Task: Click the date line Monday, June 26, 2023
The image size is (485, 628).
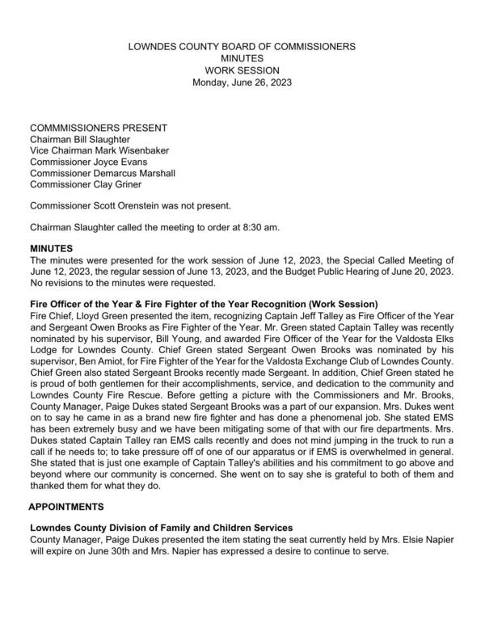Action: pyautogui.click(x=242, y=82)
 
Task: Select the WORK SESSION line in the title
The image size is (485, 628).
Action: pyautogui.click(x=242, y=70)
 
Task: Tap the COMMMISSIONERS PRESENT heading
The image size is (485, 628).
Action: pyautogui.click(x=99, y=129)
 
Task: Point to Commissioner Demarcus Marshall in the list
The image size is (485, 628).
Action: pyautogui.click(x=103, y=173)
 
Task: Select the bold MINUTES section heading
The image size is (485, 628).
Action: pyautogui.click(x=52, y=249)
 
